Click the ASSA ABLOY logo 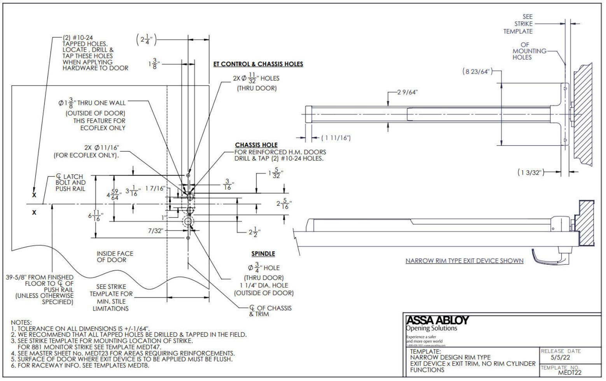point(438,320)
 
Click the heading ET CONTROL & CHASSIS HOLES point(258,64)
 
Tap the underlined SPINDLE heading point(263,253)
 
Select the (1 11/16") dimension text point(335,138)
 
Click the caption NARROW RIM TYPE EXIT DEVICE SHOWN point(464,261)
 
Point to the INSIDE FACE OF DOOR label point(115,257)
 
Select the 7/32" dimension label point(156,231)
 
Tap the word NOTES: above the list point(21,322)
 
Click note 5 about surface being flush point(121,359)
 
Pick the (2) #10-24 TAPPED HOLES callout point(95,53)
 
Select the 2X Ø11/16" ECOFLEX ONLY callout point(86,151)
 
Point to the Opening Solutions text point(431,328)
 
